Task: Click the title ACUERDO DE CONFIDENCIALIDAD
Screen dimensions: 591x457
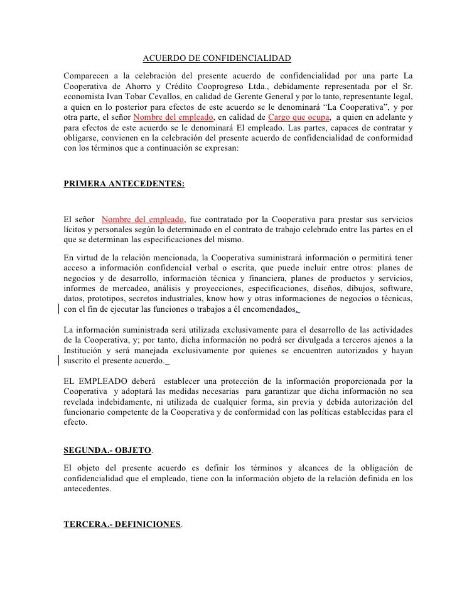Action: [217, 59]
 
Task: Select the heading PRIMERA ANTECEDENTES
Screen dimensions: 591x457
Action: [124, 184]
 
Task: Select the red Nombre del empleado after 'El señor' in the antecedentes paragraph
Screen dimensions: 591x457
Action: [142, 219]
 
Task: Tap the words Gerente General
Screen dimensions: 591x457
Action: [259, 96]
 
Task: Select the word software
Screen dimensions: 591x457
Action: [396, 288]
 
